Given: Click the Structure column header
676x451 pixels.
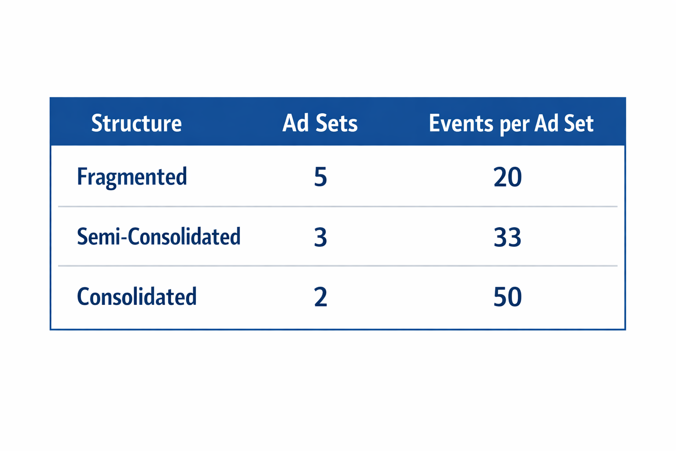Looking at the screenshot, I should tap(136, 123).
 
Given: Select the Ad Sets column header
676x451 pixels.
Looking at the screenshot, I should tap(320, 123).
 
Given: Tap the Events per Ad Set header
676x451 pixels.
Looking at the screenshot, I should tap(511, 123).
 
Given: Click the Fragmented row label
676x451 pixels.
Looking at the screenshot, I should tap(132, 177).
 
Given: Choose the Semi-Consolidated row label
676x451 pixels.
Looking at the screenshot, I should tap(158, 237).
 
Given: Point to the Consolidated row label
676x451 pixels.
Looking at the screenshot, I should tap(136, 297).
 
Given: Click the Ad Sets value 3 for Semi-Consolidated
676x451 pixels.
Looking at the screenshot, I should tap(320, 237).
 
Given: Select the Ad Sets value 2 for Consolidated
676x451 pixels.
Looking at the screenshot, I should tap(320, 297).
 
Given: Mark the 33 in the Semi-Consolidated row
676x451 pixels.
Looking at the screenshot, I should tap(507, 237).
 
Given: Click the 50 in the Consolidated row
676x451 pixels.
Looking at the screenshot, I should tap(507, 297).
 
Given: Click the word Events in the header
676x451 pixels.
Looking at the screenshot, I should tap(461, 123).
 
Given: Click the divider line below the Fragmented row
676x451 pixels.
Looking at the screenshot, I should tap(338, 206).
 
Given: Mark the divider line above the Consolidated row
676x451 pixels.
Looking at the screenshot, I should tap(338, 266).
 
